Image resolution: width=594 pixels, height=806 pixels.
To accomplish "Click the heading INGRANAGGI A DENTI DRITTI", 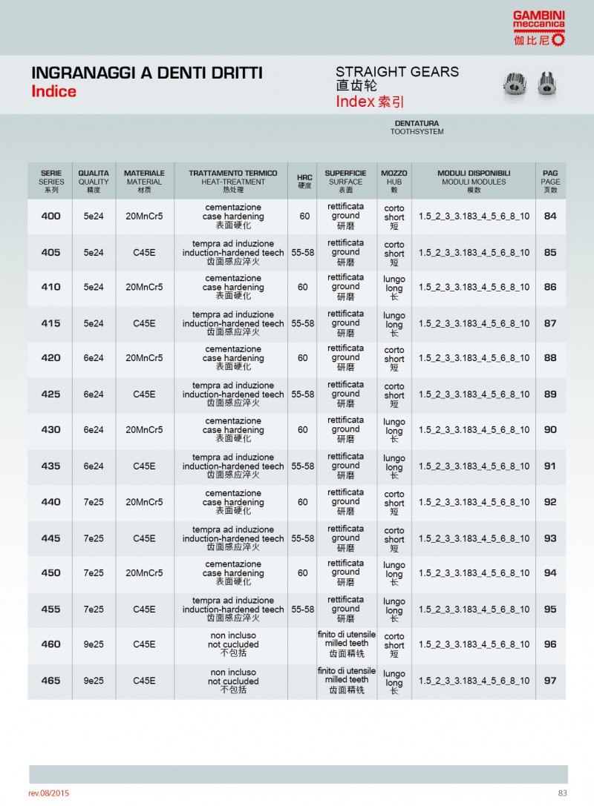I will pyautogui.click(x=146, y=73).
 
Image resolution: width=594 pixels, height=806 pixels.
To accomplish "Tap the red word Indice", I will pyautogui.click(x=53, y=92).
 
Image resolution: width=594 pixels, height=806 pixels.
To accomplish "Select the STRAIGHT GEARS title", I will pyautogui.click(x=396, y=72).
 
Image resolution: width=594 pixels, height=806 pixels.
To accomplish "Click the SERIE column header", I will pyautogui.click(x=51, y=181).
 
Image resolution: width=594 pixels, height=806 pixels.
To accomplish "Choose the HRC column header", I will pyautogui.click(x=304, y=181).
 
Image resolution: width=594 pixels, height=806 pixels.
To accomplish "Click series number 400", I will pyautogui.click(x=51, y=217).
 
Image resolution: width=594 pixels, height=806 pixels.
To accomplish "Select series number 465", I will pyautogui.click(x=51, y=681).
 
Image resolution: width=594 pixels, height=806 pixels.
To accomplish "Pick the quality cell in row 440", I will pyautogui.click(x=94, y=502).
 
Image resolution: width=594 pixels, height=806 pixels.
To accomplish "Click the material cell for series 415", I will pyautogui.click(x=144, y=323).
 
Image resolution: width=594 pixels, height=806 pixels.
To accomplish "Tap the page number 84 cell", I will pyautogui.click(x=550, y=217).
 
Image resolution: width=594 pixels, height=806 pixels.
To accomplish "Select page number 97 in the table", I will pyautogui.click(x=550, y=681).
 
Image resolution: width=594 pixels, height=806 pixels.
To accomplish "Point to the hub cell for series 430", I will pyautogui.click(x=394, y=430).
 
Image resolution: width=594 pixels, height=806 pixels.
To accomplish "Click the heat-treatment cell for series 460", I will pyautogui.click(x=232, y=644).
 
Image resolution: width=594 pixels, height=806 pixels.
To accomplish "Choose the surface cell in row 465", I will pyautogui.click(x=346, y=680).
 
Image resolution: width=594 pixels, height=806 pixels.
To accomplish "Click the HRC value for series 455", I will pyautogui.click(x=303, y=610).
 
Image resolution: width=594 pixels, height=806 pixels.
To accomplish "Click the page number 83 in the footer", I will pyautogui.click(x=562, y=793).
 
